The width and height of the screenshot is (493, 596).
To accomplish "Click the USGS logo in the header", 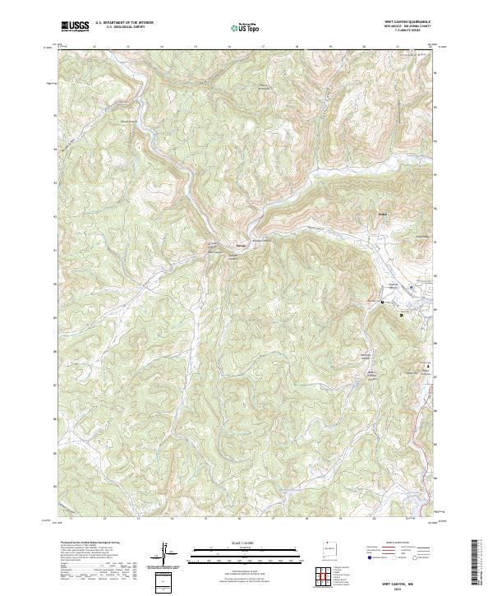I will pos(75,27).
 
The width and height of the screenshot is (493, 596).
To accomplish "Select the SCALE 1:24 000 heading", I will pos(246,541).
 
